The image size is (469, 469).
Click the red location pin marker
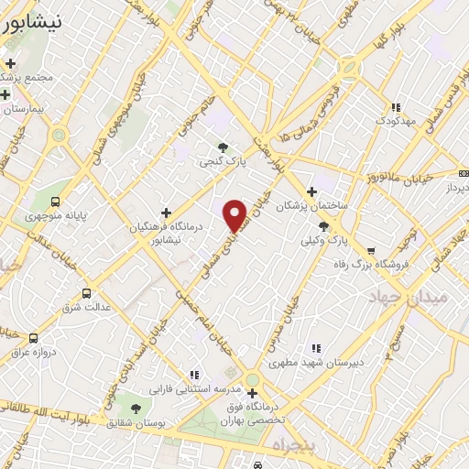tap(235, 214)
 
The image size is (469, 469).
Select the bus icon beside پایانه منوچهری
tap(57, 202)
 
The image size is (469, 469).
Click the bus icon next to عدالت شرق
tap(86, 293)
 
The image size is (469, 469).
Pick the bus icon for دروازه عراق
tap(34, 338)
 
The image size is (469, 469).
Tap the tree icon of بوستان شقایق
tap(136, 409)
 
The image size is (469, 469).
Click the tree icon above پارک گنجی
tap(223, 147)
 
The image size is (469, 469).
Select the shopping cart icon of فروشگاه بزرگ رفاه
tap(371, 250)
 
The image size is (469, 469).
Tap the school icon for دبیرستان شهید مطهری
tap(316, 348)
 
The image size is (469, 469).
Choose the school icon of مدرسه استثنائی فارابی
tap(193, 375)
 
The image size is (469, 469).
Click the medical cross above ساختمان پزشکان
tap(312, 191)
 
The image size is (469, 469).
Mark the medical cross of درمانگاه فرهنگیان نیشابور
tap(166, 213)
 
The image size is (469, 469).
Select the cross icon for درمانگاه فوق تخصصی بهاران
tap(252, 394)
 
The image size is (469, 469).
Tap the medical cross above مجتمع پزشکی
tap(11, 63)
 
